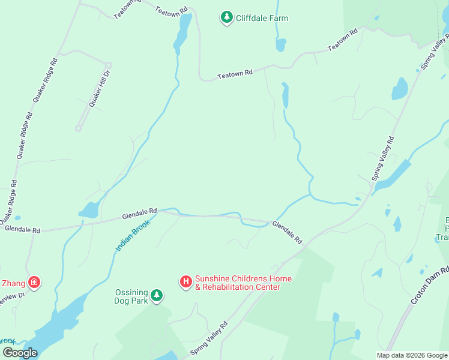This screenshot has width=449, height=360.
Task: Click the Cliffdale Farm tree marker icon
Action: coord(226,18)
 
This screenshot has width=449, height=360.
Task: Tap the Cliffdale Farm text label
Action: coord(262,18)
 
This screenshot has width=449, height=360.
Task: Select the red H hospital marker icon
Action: coord(186,281)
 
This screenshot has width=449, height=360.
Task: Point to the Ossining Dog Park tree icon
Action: coord(157,295)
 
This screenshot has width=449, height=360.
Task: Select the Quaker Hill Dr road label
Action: coord(100,89)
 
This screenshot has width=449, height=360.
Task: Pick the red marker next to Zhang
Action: coord(34,281)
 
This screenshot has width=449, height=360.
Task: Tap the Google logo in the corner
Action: coord(20,353)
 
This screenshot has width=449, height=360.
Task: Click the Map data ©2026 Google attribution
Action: coord(412,355)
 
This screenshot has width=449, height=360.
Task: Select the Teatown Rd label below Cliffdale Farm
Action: coord(235,74)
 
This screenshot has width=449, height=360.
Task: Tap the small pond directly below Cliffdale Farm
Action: coord(280,44)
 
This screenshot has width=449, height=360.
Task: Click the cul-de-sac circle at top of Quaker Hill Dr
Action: coord(109,65)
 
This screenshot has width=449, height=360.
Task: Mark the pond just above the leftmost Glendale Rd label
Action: coord(88,210)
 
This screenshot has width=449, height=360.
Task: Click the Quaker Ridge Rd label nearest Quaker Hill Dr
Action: coord(44,80)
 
